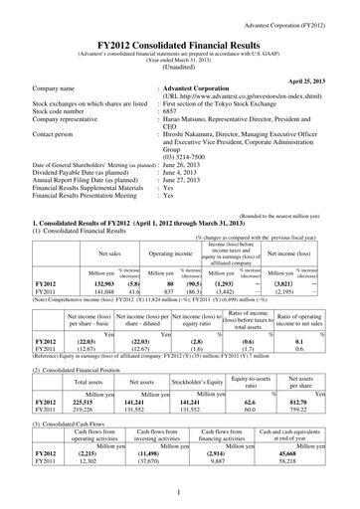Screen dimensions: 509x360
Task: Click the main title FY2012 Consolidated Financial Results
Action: tap(179, 33)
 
